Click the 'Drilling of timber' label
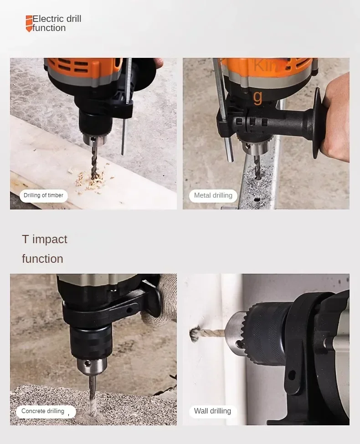(44, 195)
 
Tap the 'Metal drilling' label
(213, 195)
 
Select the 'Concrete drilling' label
(43, 411)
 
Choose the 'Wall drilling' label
(212, 411)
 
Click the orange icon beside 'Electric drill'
(29, 24)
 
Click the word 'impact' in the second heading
(50, 239)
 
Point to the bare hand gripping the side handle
(336, 118)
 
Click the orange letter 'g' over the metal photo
(258, 97)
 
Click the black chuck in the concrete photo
(91, 342)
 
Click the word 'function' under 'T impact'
(42, 259)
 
